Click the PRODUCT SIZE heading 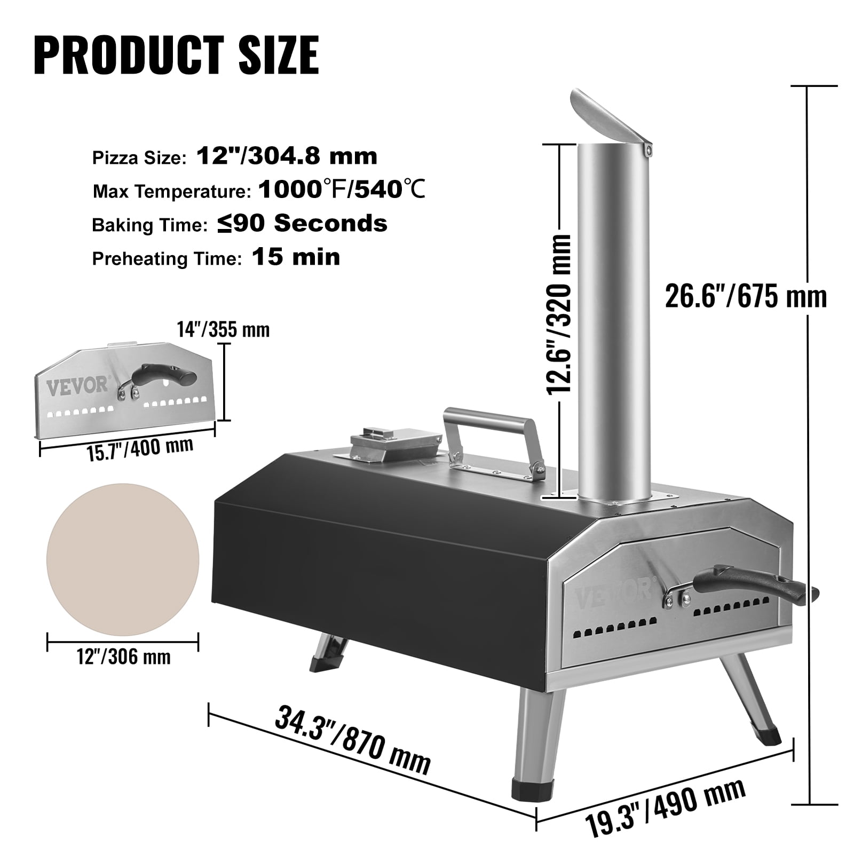[x=176, y=56]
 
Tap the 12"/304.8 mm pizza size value [x=287, y=156]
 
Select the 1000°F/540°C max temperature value [x=342, y=190]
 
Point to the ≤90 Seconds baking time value [x=302, y=224]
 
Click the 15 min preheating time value [x=296, y=257]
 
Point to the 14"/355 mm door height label [x=223, y=330]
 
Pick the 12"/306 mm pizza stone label [x=124, y=656]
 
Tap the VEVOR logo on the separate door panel [x=77, y=385]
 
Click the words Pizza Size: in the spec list [x=139, y=158]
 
